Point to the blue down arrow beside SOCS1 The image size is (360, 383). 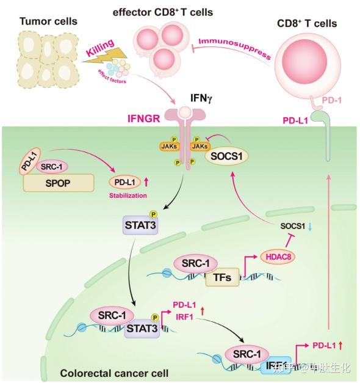click(309, 226)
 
